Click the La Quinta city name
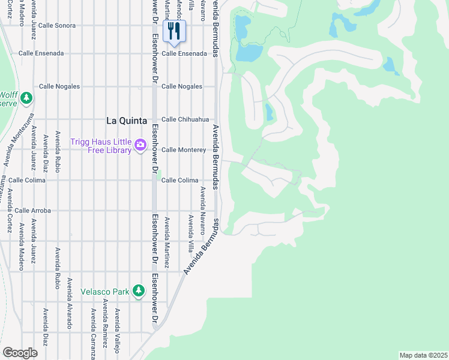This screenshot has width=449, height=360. coord(126,120)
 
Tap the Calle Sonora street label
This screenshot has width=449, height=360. coord(56,26)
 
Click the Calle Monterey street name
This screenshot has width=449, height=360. coord(184,150)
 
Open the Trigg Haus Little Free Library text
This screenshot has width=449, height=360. coord(101,146)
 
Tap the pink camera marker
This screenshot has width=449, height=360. coord(140,145)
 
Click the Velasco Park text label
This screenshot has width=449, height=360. coord(105,292)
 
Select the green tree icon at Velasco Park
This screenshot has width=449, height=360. coord(139,291)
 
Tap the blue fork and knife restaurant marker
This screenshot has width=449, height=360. coord(174,31)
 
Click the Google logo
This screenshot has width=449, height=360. coord(20,353)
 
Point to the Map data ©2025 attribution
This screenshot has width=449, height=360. coord(424,355)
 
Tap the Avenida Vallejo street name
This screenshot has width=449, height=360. coord(118,329)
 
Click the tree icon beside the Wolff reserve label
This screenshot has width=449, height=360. coord(26,97)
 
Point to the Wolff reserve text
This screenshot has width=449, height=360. coord(8,98)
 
